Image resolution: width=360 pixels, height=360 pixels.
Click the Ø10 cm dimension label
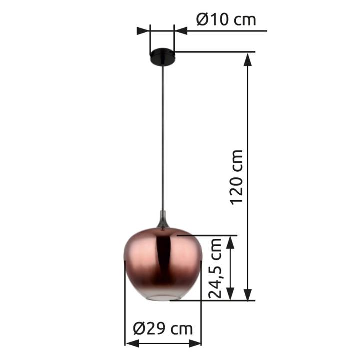226,20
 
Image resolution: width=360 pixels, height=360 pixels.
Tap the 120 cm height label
237,177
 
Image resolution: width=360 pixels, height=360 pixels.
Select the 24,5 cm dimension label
215,268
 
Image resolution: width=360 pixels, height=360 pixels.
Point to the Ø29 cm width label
163,329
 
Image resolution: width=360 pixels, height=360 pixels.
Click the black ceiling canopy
162,56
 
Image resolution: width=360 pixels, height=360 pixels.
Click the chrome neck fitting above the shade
163,219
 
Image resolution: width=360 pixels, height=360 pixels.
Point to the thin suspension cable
163,138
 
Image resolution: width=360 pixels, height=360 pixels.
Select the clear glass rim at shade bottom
163,297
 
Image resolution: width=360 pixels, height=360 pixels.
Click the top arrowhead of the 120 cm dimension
247,59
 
